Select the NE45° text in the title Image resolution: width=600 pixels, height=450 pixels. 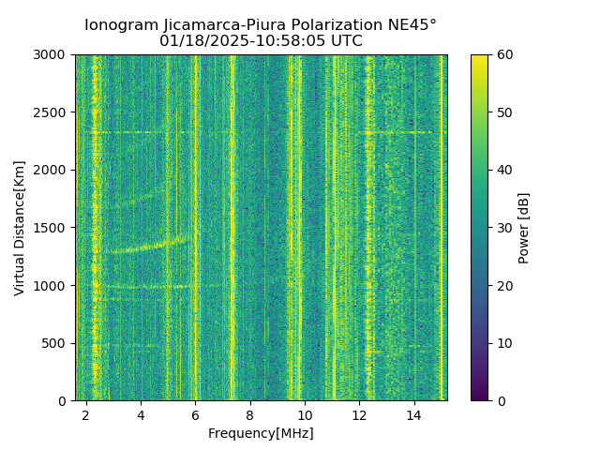[411, 25]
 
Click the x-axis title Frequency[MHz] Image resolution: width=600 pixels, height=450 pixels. [261, 433]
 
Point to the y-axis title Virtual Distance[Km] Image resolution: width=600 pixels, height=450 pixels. [19, 228]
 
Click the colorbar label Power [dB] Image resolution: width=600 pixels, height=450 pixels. [524, 228]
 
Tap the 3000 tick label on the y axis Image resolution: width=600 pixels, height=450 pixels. [52, 54]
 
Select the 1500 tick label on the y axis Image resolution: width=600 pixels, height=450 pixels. [52, 228]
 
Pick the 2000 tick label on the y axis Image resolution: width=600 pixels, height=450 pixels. [52, 170]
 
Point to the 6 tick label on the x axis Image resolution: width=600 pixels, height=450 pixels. [195, 414]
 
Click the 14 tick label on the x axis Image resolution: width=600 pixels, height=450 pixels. [413, 414]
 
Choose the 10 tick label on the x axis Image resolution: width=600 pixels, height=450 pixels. [305, 414]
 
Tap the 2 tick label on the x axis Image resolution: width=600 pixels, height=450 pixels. [86, 414]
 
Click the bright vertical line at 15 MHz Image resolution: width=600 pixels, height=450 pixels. [442, 225]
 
